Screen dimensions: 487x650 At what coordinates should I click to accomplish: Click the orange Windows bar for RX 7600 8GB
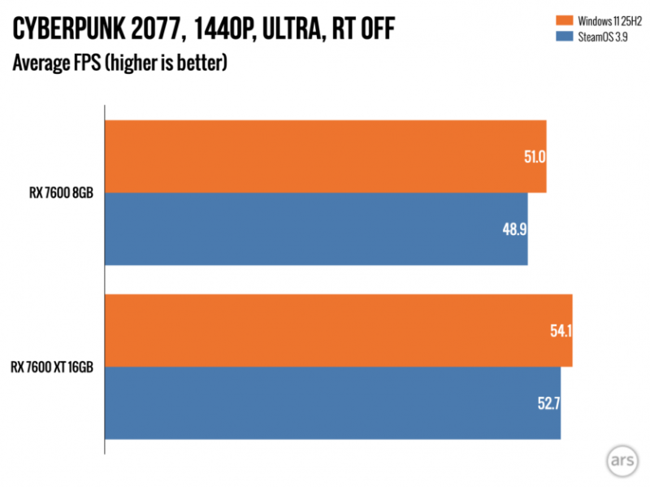point(325,156)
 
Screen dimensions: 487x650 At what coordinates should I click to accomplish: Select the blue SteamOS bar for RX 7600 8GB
point(317,228)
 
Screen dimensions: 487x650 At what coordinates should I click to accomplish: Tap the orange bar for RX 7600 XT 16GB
point(339,330)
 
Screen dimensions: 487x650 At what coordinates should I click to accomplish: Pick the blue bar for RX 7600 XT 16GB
point(333,402)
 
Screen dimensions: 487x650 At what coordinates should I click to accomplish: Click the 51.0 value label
point(533,157)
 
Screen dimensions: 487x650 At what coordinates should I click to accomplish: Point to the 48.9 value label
point(515,229)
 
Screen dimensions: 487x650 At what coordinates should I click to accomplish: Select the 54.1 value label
point(560,331)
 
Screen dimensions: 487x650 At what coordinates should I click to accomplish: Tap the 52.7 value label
point(548,403)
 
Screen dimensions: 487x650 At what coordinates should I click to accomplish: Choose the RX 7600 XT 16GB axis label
point(53,367)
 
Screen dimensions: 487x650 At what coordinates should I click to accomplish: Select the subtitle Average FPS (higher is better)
point(119,63)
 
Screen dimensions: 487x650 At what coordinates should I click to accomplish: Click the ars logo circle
point(622,460)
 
